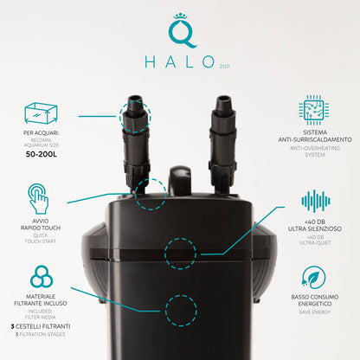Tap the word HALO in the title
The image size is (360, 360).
tap(180, 62)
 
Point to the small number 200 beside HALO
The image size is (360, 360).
tap(225, 67)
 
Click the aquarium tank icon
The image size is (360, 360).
tap(41, 113)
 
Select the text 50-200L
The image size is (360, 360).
tap(42, 154)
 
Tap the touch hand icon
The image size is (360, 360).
tap(38, 198)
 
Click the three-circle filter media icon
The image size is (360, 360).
tap(42, 277)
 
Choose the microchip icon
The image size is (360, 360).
tap(314, 110)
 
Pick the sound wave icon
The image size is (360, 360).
tap(316, 201)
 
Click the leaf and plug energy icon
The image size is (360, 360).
tap(313, 277)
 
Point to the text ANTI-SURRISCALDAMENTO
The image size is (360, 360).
tap(315, 139)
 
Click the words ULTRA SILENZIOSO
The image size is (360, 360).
tap(315, 228)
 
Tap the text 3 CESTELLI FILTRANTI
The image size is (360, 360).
tap(41, 326)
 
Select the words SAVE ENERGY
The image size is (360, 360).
tap(315, 312)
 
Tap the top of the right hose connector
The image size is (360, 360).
tap(224, 98)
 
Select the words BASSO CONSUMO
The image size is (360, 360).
tap(315, 297)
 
